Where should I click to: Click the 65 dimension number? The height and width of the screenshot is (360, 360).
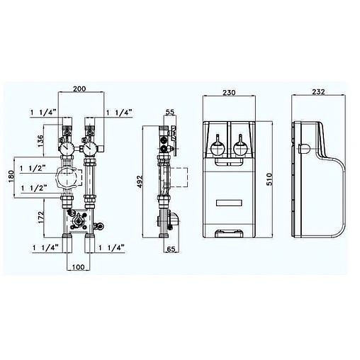click(x=170, y=250)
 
